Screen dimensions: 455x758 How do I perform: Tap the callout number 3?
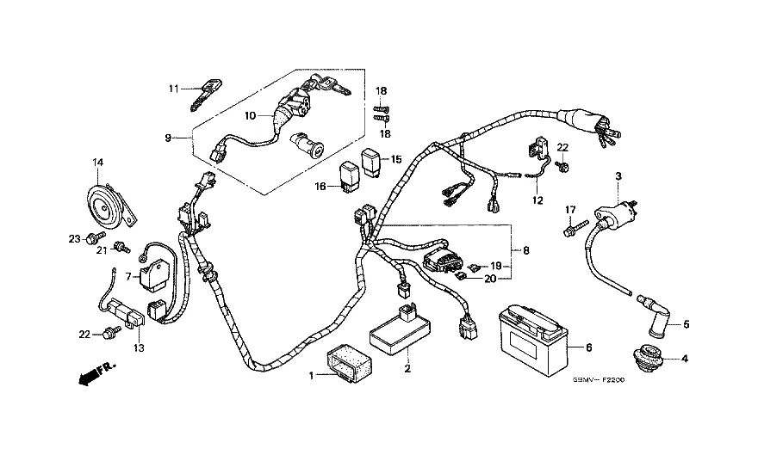pyautogui.click(x=618, y=177)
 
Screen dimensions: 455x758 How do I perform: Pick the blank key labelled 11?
pyautogui.click(x=204, y=93)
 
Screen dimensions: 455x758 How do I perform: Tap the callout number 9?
pyautogui.click(x=169, y=138)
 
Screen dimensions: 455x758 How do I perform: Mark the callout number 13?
pyautogui.click(x=139, y=347)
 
